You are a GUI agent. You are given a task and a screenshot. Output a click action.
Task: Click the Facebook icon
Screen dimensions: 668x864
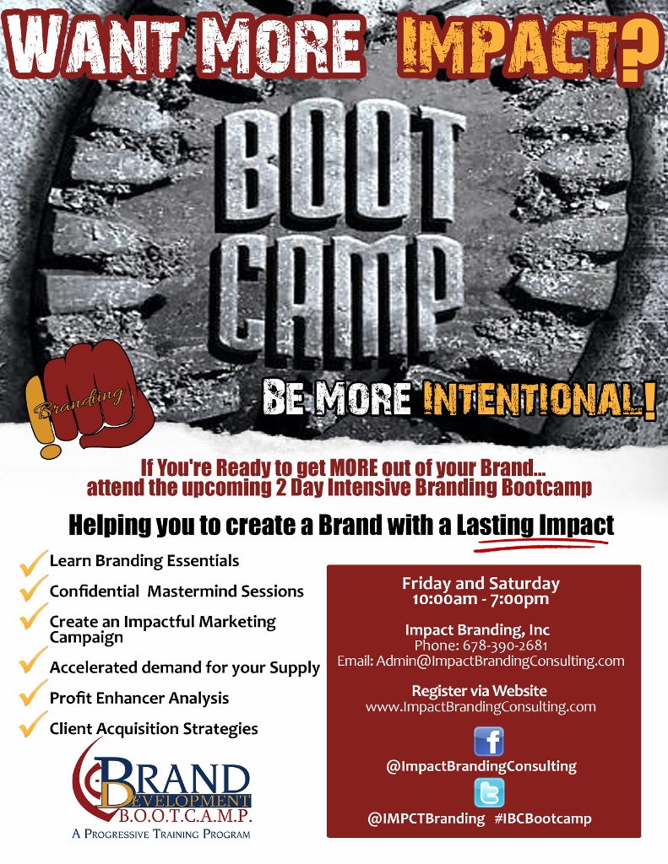click(489, 741)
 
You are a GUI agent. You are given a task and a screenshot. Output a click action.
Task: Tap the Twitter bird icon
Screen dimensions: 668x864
click(489, 792)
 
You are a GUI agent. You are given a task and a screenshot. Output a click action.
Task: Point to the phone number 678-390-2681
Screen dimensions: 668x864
click(505, 645)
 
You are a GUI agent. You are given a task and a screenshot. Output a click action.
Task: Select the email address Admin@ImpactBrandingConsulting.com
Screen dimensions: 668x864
click(500, 661)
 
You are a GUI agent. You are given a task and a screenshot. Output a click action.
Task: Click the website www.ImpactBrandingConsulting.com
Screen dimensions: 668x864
click(481, 706)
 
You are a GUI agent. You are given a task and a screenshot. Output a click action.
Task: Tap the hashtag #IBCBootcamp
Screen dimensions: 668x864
click(543, 818)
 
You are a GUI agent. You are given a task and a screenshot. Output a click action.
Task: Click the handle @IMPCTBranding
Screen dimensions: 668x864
click(426, 818)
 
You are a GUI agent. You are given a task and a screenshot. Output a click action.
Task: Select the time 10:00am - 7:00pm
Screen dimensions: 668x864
click(481, 599)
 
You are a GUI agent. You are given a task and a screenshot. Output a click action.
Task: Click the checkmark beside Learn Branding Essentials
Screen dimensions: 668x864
click(32, 563)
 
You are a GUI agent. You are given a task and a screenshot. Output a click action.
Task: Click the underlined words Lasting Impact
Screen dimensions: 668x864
click(535, 525)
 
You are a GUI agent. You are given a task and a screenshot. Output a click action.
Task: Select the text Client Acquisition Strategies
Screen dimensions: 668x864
click(154, 728)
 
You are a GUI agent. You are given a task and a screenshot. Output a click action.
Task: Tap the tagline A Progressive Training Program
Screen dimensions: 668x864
click(161, 834)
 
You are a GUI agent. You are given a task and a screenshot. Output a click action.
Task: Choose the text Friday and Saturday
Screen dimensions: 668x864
click(481, 584)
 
